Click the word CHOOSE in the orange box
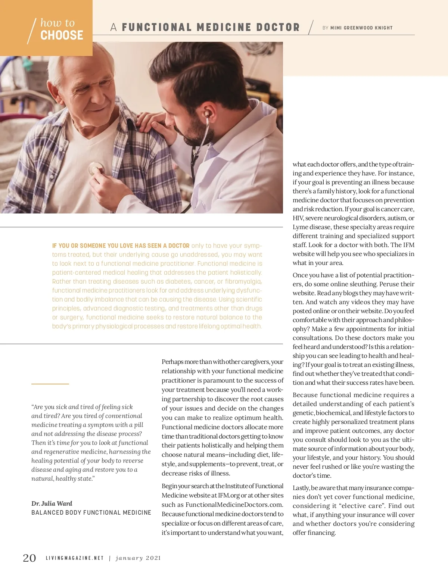(x=62, y=35)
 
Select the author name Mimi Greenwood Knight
(x=361, y=28)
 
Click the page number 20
(x=29, y=558)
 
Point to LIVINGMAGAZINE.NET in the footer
(x=75, y=558)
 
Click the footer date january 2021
(x=139, y=558)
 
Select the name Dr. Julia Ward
(x=52, y=503)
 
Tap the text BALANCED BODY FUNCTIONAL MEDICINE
(x=91, y=513)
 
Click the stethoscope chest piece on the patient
(x=96, y=169)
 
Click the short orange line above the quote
(x=50, y=384)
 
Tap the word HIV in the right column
(x=298, y=218)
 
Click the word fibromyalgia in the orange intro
(x=243, y=281)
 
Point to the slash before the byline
(x=311, y=28)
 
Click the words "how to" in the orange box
(x=57, y=23)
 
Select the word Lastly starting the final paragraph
(x=301, y=488)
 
